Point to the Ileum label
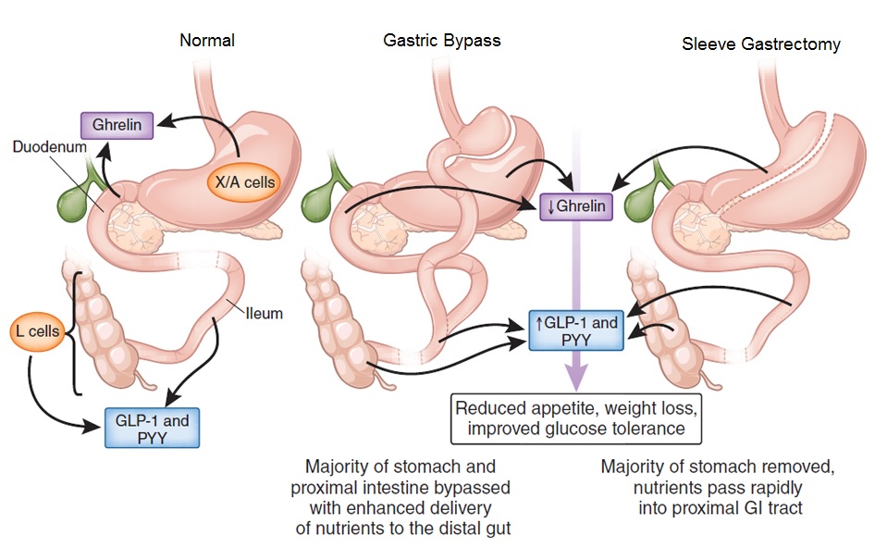coord(264,314)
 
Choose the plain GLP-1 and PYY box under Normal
coord(151,429)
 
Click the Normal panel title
coord(208,40)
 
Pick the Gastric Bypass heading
coord(442,41)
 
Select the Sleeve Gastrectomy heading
coord(761,44)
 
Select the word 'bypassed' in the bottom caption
coord(471,486)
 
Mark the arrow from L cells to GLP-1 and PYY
coord(46,398)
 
